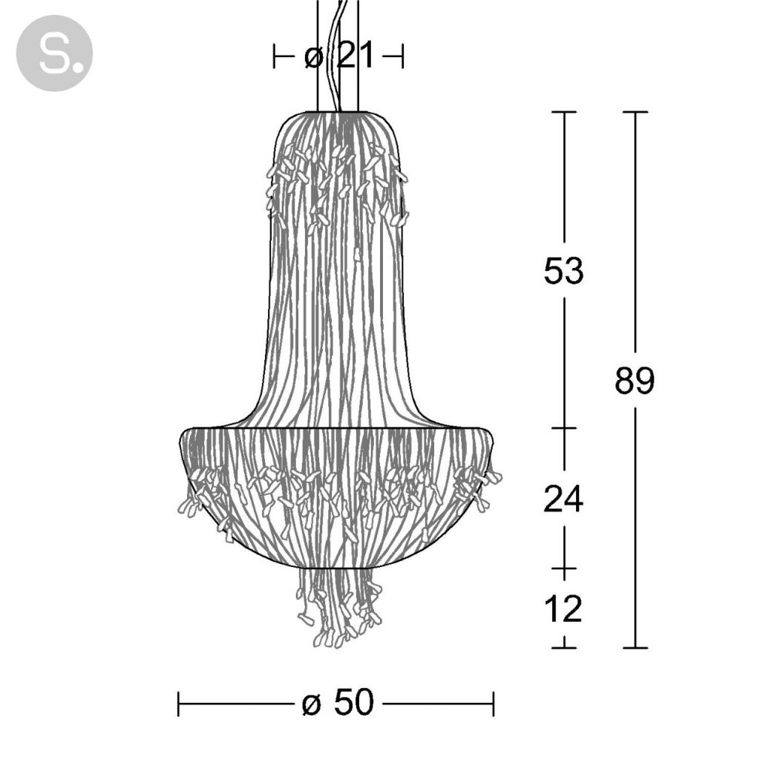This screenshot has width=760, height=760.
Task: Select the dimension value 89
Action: [x=635, y=380]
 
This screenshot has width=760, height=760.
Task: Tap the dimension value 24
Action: [x=563, y=499]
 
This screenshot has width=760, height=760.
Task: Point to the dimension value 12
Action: [x=563, y=609]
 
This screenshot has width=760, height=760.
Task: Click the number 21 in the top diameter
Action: [x=356, y=55]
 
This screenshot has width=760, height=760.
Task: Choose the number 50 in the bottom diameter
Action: [x=354, y=702]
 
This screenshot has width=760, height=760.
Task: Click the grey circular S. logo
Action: [x=54, y=53]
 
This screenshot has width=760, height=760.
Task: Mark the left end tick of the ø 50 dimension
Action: [x=179, y=704]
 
